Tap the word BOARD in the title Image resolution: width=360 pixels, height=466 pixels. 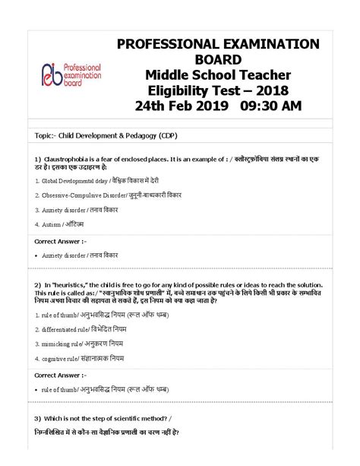(218, 59)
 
